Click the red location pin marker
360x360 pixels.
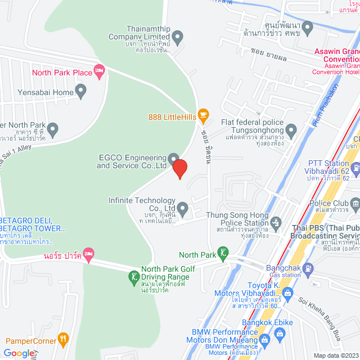click(179, 168)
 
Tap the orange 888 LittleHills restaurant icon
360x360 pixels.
click(204, 116)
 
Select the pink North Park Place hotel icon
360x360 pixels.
click(100, 72)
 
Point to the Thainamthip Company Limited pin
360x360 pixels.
click(178, 38)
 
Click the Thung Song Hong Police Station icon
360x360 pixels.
click(276, 223)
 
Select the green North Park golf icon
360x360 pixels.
click(224, 254)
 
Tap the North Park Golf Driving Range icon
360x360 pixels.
click(134, 276)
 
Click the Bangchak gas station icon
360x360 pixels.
click(308, 270)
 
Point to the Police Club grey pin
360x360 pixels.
click(354, 202)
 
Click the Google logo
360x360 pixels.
click(18, 353)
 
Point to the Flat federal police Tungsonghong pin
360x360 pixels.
click(291, 131)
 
